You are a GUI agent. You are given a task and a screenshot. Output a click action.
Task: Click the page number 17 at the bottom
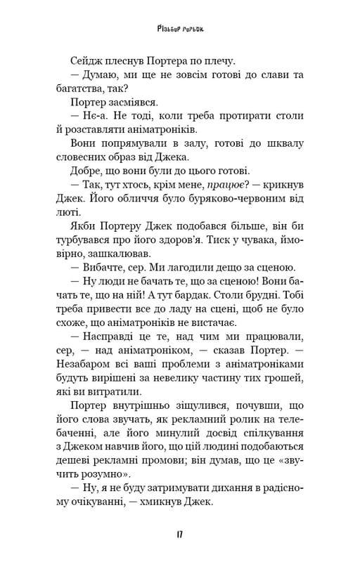coord(180,535)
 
